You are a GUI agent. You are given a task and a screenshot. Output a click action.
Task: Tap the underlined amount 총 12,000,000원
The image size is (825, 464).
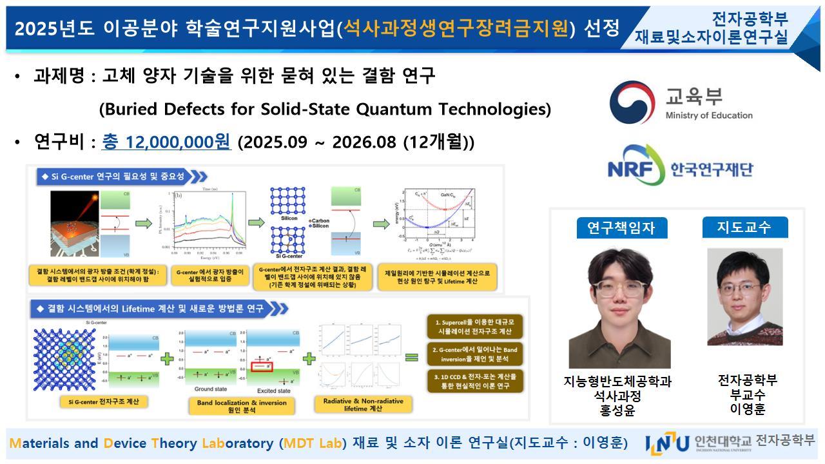tap(166, 142)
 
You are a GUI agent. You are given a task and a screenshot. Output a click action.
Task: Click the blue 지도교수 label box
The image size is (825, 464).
tap(744, 227)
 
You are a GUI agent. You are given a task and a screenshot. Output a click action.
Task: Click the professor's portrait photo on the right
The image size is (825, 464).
tap(744, 296)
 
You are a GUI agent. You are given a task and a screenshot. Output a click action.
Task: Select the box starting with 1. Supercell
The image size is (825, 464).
tap(476, 326)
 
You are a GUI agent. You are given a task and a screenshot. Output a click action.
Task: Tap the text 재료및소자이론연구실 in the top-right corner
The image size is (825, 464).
tap(711, 38)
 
